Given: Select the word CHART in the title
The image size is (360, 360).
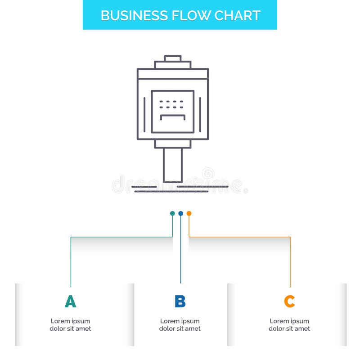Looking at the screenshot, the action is tap(238, 16).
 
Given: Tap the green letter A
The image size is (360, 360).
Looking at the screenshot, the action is tap(71, 301).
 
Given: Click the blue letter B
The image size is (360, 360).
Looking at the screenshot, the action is tap(180, 301).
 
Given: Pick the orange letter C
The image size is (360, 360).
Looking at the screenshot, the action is tap(289, 301).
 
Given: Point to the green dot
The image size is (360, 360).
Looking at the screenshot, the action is tap(172, 213).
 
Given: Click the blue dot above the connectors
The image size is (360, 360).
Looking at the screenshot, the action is tap(181, 213).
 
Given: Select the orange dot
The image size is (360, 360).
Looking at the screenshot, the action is tap(189, 213).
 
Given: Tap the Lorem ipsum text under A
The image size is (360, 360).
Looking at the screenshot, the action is tap(70, 325).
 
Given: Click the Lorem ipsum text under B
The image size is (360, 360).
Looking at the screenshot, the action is tap(180, 325).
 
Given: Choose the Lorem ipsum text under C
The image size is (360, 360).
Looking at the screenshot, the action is tap(289, 325).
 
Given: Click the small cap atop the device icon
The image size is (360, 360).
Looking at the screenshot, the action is tap(173, 58).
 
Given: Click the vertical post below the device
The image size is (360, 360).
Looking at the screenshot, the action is tap(173, 165).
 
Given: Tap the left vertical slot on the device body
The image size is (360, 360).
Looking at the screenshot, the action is tap(144, 115).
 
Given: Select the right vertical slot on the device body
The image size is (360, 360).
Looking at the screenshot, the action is tap(200, 115).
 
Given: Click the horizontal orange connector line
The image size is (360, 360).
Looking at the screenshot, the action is tap(240, 237).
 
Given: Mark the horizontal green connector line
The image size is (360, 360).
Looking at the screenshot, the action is tap(121, 237).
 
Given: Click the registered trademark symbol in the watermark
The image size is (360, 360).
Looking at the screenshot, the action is tap(246, 190).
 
